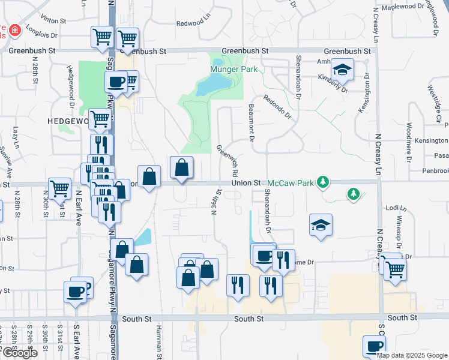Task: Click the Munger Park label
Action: (x=234, y=70)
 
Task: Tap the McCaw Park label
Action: (x=291, y=181)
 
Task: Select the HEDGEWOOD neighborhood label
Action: (x=68, y=121)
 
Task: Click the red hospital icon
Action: (x=13, y=29)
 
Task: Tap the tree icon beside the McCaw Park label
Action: (x=324, y=181)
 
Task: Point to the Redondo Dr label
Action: (x=279, y=106)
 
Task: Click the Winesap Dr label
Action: (x=397, y=228)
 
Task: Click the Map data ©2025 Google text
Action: (x=411, y=355)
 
